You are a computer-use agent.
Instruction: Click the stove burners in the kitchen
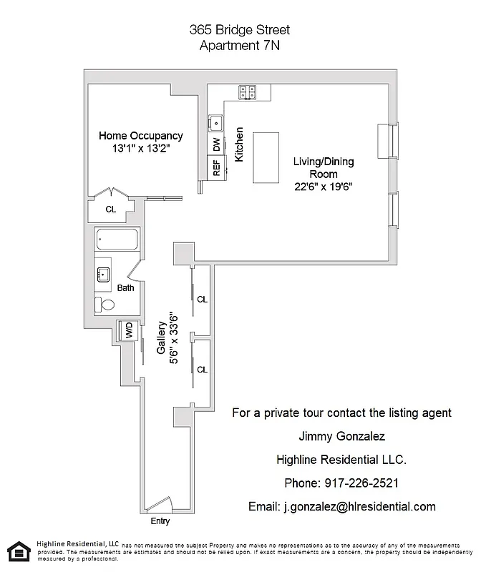pos(248,92)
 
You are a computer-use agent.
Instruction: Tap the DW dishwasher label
pos(216,144)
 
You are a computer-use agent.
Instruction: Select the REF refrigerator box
pos(215,168)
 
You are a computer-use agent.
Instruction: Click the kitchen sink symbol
pos(215,122)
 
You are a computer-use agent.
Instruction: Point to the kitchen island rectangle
pos(266,157)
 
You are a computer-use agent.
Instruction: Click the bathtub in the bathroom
pos(118,240)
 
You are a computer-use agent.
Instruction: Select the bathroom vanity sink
pos(103,272)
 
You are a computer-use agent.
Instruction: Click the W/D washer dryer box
pos(129,330)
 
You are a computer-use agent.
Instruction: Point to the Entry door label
pos(160,521)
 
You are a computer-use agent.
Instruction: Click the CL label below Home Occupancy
pos(110,209)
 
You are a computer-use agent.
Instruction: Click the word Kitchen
pos(240,144)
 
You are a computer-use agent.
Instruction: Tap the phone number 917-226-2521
pos(341,483)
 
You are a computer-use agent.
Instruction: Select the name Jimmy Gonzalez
pos(341,436)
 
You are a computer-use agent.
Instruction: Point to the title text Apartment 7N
pos(240,45)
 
